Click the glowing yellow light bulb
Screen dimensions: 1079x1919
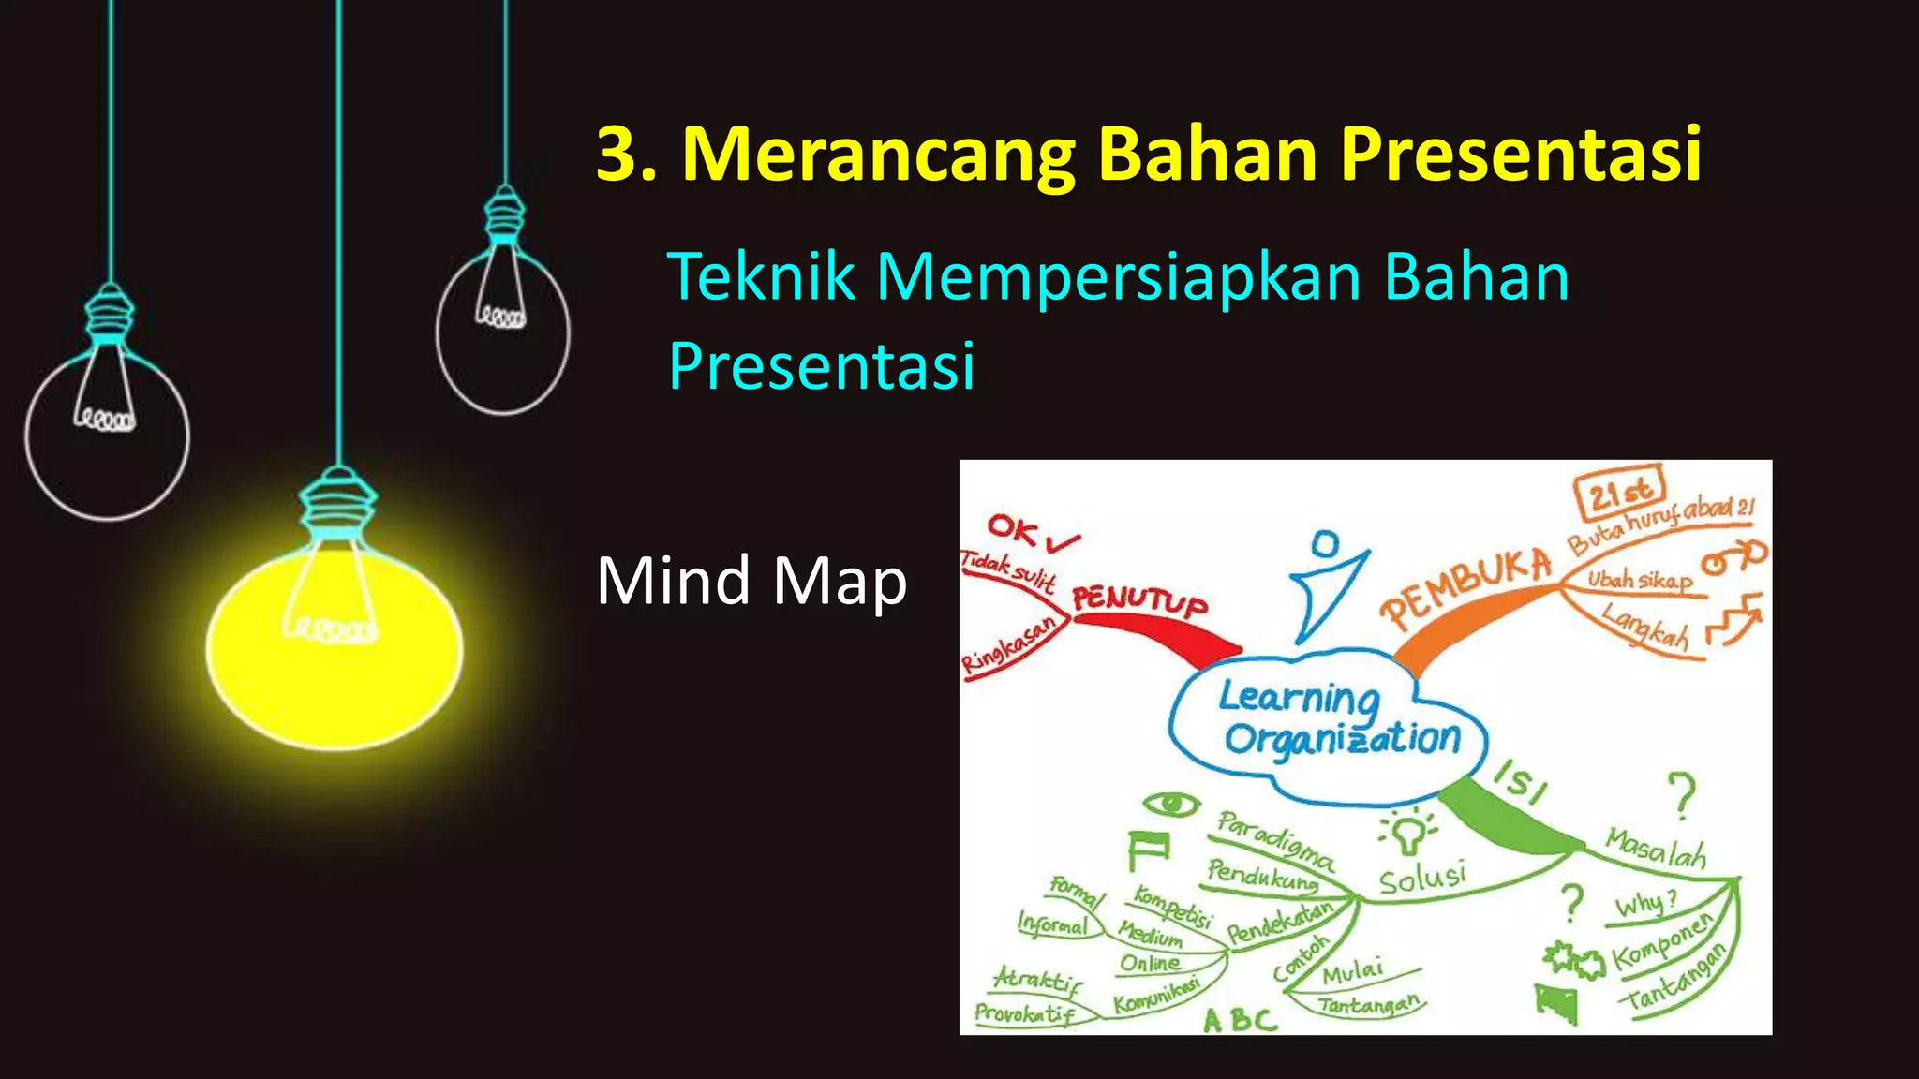tap(335, 646)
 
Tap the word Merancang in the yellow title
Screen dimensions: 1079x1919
tap(877, 155)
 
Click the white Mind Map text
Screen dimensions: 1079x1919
tap(751, 582)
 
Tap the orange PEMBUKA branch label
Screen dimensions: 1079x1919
tap(1466, 587)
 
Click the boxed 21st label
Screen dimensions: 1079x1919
tap(1619, 492)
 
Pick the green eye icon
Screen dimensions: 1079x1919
tap(1170, 804)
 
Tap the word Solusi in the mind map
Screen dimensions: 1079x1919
tap(1421, 879)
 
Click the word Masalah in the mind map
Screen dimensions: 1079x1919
tap(1656, 848)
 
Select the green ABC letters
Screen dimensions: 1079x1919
tap(1240, 1019)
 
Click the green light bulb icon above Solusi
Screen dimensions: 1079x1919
tap(1406, 832)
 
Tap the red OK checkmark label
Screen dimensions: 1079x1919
tap(1031, 534)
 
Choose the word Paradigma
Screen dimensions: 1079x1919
tap(1275, 839)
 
